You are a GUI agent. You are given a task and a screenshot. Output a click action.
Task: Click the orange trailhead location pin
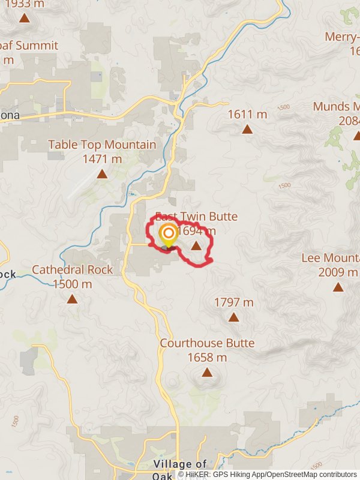click(169, 234)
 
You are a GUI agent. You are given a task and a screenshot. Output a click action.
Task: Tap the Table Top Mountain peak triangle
click(102, 174)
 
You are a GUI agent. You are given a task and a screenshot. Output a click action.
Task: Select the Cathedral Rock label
click(72, 270)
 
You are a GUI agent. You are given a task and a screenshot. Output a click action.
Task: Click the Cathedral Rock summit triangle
click(72, 299)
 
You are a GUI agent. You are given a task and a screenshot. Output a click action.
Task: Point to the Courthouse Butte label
click(207, 343)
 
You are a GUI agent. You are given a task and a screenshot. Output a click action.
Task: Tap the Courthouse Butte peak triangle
click(207, 373)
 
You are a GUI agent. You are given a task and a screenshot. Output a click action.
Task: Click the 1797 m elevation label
click(233, 302)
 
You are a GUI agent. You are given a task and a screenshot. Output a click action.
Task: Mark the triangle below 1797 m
click(233, 318)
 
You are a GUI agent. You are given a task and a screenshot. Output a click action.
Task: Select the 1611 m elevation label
click(247, 114)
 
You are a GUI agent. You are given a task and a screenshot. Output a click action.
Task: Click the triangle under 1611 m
click(247, 129)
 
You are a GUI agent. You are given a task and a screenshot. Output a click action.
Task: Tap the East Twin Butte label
click(197, 217)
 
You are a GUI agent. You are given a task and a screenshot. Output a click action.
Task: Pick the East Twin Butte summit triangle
click(196, 245)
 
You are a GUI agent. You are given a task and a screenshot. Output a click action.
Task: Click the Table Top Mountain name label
click(102, 145)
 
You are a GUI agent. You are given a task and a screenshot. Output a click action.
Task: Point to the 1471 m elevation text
click(102, 159)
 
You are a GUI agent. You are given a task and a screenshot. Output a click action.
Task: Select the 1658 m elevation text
click(207, 358)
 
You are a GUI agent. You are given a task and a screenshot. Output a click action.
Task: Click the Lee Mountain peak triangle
click(338, 287)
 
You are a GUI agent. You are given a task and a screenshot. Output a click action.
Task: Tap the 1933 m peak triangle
click(24, 17)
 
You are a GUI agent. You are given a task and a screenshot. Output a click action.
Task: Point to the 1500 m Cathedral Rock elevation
click(72, 284)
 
